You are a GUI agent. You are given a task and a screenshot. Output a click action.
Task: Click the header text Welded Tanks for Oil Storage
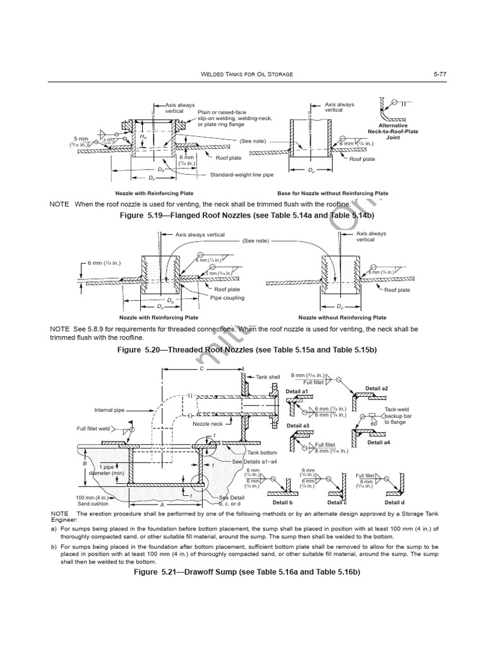(x=242, y=74)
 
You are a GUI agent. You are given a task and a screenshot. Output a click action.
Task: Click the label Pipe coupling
(x=227, y=298)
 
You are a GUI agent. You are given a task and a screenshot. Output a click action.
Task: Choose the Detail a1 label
(x=296, y=392)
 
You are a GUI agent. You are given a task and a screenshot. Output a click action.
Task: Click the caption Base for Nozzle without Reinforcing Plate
(x=333, y=193)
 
